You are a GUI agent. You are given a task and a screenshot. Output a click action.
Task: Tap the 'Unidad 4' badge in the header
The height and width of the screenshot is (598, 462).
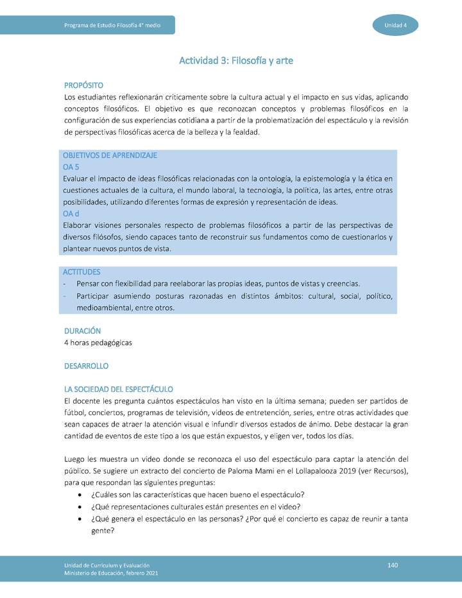click(395, 25)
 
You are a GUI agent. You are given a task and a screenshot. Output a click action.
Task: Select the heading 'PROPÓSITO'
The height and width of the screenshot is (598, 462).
click(83, 85)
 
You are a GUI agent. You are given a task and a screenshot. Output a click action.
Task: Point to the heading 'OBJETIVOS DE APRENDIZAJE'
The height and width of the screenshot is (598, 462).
click(110, 155)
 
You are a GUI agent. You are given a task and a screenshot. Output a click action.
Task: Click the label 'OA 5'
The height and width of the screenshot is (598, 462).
click(71, 167)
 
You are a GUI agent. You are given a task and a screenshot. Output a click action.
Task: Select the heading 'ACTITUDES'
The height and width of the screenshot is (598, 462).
click(81, 272)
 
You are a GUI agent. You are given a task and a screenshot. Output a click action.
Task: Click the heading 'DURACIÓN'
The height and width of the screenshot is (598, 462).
click(83, 331)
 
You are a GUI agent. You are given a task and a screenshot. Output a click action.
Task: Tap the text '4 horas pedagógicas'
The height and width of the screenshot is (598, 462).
click(98, 343)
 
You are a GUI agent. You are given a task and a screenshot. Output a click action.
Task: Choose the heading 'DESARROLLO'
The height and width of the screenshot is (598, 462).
click(87, 366)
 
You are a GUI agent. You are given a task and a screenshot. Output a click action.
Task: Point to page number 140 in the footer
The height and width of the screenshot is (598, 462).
click(393, 564)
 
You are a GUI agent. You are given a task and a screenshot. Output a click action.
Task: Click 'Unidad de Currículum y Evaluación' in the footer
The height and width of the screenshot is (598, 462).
click(107, 564)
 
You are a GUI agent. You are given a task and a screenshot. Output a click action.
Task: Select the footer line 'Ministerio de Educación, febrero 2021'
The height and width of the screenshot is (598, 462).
click(111, 572)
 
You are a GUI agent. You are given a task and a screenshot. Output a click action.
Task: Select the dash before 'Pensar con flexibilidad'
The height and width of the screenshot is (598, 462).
click(66, 284)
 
